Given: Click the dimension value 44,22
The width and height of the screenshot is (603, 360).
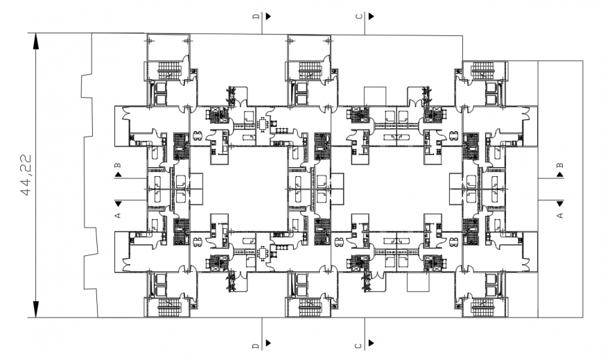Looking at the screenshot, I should pyautogui.click(x=27, y=175).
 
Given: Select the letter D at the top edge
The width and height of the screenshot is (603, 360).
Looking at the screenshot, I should pyautogui.click(x=256, y=15).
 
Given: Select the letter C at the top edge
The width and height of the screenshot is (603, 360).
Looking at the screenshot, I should pyautogui.click(x=359, y=15).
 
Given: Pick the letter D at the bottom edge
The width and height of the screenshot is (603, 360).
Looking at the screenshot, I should pyautogui.click(x=256, y=344).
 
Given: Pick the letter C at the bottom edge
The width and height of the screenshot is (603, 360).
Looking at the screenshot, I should pyautogui.click(x=359, y=344).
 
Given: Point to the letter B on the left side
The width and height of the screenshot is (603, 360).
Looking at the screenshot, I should pyautogui.click(x=118, y=165).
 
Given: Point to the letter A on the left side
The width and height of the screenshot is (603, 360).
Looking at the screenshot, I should pyautogui.click(x=118, y=216).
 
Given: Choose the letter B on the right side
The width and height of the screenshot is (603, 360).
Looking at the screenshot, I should pyautogui.click(x=560, y=165).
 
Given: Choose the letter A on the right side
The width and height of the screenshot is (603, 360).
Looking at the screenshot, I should pyautogui.click(x=560, y=216).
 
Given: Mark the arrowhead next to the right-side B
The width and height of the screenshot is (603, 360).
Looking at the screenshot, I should pyautogui.click(x=560, y=177).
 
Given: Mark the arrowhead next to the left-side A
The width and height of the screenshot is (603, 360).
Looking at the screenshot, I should pyautogui.click(x=118, y=203).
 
